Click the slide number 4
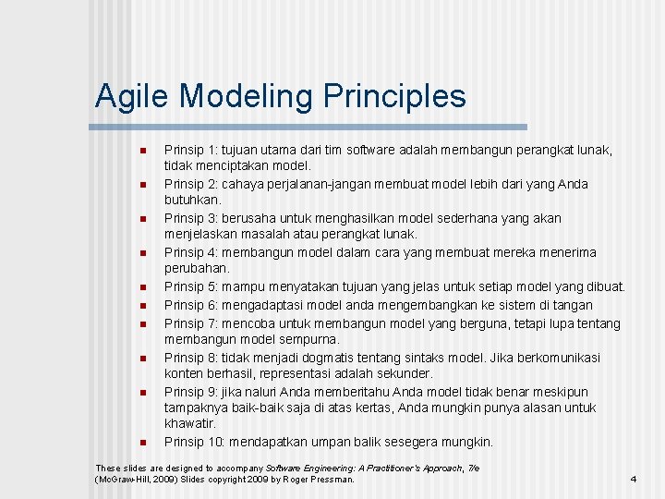point(633,479)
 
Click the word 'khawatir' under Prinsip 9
point(188,423)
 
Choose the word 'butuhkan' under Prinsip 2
point(192,200)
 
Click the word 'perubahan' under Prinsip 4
point(195,269)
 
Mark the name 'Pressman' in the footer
point(331,480)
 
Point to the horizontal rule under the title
point(310,127)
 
